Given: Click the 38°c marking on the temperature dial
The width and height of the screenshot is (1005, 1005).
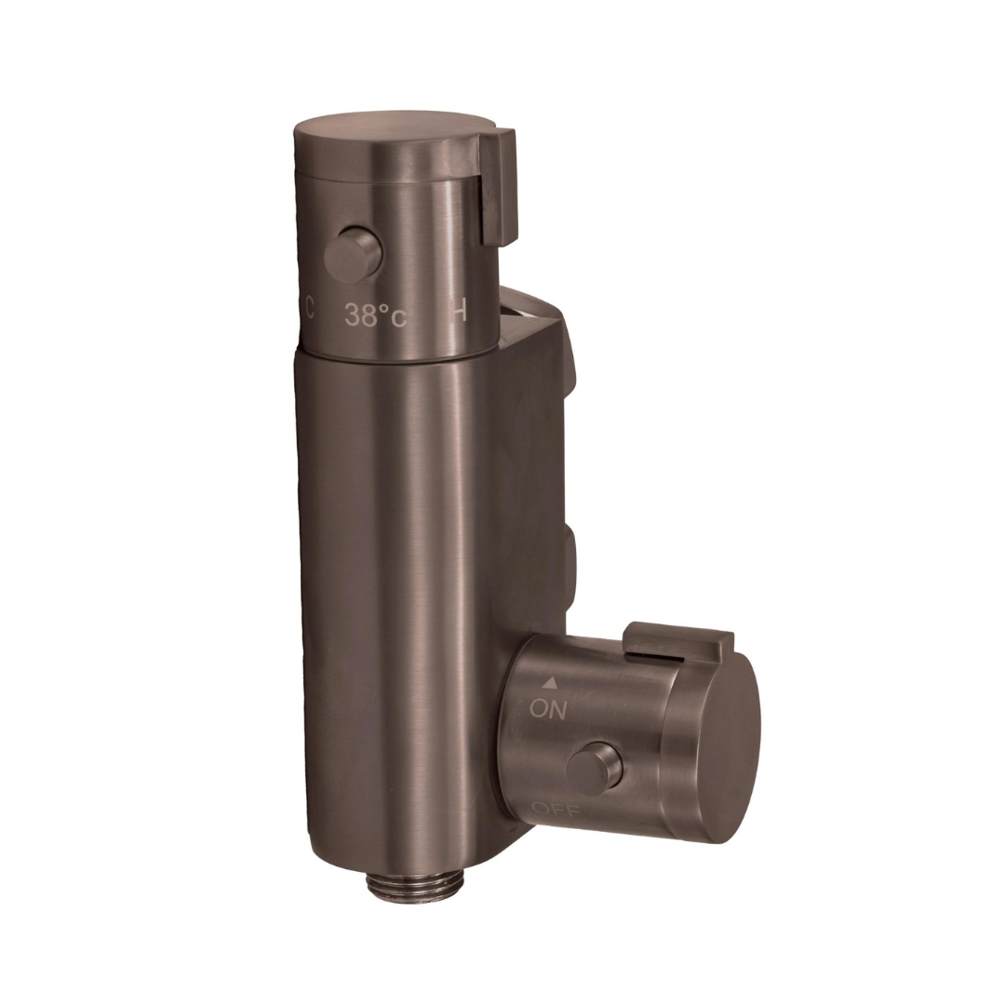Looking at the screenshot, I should (375, 315).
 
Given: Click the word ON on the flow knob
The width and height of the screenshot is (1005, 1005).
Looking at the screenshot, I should (548, 709).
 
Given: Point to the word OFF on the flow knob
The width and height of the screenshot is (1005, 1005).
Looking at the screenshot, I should (555, 809).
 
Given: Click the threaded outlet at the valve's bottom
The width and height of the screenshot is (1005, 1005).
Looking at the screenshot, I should (402, 884).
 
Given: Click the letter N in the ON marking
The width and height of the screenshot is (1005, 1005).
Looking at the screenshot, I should (556, 709).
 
